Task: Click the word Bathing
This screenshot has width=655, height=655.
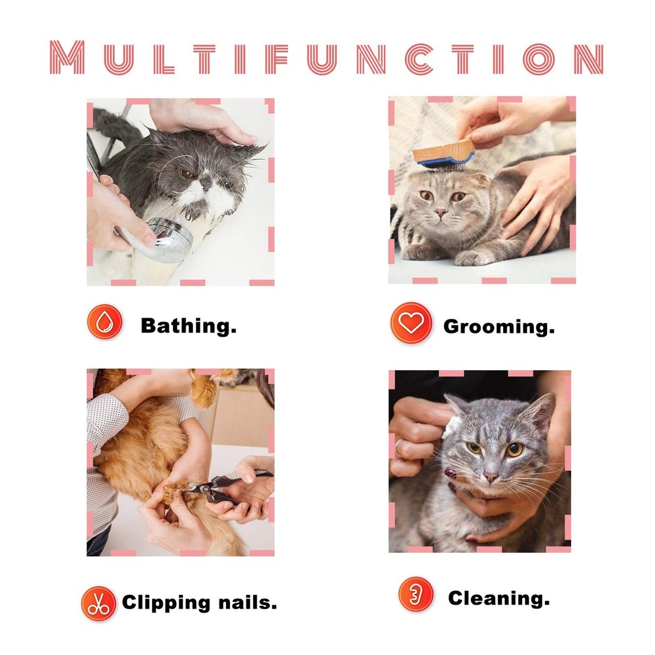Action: click(189, 326)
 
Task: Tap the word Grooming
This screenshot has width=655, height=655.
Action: click(499, 326)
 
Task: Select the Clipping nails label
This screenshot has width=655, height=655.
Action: click(199, 603)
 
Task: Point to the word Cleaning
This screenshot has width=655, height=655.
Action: click(499, 597)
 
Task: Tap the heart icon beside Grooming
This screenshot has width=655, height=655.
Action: click(411, 323)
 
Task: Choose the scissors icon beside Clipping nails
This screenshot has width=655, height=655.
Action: click(98, 603)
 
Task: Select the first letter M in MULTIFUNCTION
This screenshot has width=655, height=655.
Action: click(68, 58)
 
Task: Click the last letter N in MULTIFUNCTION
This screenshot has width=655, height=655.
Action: click(588, 58)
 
